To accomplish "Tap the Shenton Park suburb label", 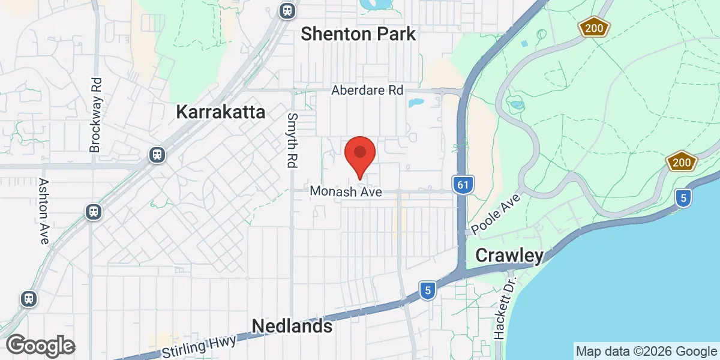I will (x=358, y=34).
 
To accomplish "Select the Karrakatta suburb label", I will (x=221, y=112).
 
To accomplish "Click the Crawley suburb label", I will (x=509, y=256).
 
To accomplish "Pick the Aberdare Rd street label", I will (x=368, y=91).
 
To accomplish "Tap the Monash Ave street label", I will (x=346, y=191).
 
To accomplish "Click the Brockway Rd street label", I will (x=95, y=114).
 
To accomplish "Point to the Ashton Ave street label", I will (x=43, y=211).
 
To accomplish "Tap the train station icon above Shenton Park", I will (x=287, y=10).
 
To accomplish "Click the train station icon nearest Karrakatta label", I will (x=157, y=155).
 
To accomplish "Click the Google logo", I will (x=40, y=346).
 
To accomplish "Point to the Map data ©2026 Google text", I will (x=646, y=352).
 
